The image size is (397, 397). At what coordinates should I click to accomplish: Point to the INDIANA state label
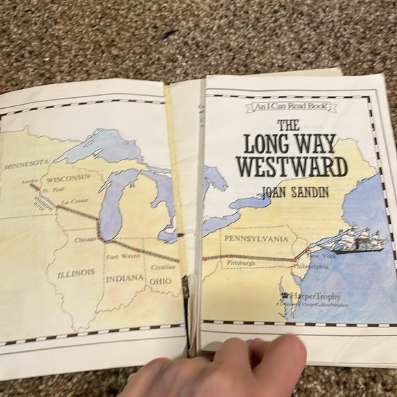[x=124, y=278]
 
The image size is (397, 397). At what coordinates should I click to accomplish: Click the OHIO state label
[x=161, y=281]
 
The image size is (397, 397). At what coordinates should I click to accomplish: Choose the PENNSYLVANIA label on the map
[x=253, y=239]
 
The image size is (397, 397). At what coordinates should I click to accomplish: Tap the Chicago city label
[x=84, y=241]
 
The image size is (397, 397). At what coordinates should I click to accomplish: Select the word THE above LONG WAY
[x=288, y=125]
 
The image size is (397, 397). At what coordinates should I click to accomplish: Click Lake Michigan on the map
[x=108, y=205]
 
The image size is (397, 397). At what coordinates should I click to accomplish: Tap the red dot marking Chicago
[x=99, y=238]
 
